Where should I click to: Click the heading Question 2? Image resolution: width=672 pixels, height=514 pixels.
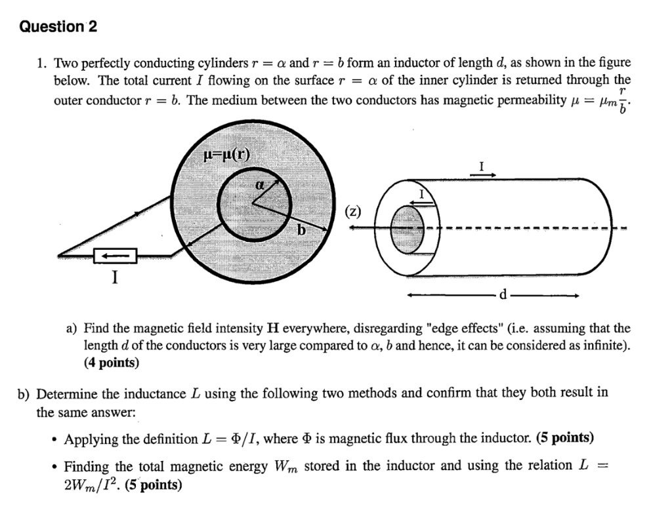pyautogui.click(x=58, y=27)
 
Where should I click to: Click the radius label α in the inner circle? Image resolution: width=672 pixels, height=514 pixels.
pyautogui.click(x=260, y=186)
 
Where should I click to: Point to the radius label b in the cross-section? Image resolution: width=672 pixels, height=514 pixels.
pyautogui.click(x=301, y=231)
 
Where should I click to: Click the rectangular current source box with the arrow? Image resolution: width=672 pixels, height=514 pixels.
pyautogui.click(x=115, y=255)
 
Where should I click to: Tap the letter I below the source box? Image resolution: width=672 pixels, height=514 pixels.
pyautogui.click(x=115, y=277)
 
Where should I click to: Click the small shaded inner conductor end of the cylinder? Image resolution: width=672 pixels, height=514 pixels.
pyautogui.click(x=402, y=227)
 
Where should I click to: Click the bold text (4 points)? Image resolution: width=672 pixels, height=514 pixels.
pyautogui.click(x=111, y=362)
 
